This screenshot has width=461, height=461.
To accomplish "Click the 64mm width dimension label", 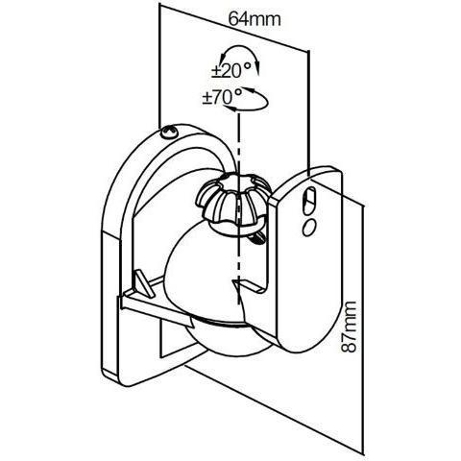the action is pyautogui.click(x=255, y=19).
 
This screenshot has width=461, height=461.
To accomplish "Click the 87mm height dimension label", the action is pyautogui.click(x=349, y=327).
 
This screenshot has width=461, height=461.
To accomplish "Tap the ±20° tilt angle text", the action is pyautogui.click(x=231, y=70).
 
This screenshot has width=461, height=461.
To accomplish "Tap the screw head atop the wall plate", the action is pyautogui.click(x=169, y=132).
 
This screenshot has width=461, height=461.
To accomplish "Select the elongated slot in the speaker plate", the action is pyautogui.click(x=309, y=201).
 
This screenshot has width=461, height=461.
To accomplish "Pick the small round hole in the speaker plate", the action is pyautogui.click(x=309, y=228).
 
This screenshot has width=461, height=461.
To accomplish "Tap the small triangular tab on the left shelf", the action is pyautogui.click(x=143, y=282).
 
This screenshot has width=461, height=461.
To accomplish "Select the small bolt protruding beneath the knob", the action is pyautogui.click(x=256, y=238).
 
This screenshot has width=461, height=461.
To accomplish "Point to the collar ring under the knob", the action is pyautogui.click(x=238, y=229).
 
